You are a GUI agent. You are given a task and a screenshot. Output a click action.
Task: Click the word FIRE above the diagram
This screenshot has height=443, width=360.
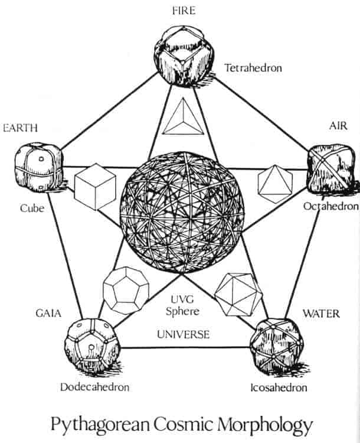coord(184,11)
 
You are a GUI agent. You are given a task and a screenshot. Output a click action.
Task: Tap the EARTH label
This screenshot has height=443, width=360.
coord(20,128)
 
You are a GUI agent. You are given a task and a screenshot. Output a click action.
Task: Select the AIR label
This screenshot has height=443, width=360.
coord(338,126)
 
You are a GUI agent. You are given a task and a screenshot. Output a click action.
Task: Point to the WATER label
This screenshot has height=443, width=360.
coord(321,314)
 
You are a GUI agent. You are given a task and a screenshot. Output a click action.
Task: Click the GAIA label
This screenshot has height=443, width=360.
coord(48,313)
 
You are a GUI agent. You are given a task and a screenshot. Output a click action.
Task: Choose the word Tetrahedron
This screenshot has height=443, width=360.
coord(253,68)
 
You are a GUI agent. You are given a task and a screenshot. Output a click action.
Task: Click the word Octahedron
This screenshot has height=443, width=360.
coord(331,206)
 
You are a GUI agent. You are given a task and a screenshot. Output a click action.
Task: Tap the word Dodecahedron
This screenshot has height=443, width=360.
coord(95,387)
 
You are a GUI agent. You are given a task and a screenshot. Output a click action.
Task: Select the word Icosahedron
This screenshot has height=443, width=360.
coord(279,387)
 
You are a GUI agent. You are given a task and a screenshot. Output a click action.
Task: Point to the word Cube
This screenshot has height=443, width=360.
coord(32,209)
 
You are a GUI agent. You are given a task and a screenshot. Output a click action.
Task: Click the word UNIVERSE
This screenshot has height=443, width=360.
coord(184,334)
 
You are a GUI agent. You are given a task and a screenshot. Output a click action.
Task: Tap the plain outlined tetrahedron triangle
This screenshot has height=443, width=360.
coord(183,116)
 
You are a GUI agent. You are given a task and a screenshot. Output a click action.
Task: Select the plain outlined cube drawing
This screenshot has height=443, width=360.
coord(95,187)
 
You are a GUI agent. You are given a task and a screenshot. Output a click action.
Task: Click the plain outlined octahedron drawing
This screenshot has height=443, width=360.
coord(275,184)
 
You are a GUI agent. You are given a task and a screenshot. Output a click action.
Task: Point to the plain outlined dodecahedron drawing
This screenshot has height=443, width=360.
coord(126,291)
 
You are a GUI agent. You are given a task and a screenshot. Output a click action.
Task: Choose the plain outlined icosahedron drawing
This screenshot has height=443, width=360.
coord(238,294)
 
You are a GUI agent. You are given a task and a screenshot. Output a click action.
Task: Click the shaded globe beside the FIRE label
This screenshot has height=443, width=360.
coord(184,56)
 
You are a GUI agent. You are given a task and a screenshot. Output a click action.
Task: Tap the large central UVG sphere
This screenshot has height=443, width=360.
coord(182,213)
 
